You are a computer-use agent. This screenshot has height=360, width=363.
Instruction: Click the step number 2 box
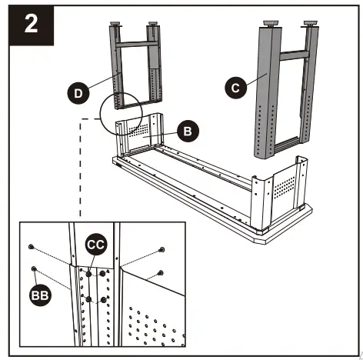click(x=32, y=25)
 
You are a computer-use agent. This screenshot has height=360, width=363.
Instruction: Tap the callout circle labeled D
click(x=78, y=93)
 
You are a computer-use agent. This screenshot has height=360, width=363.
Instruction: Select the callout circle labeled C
click(x=236, y=88)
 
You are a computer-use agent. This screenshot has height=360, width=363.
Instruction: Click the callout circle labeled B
click(x=188, y=132)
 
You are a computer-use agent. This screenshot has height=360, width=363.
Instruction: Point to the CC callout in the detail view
click(x=95, y=245)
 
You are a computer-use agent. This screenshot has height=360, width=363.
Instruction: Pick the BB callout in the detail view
click(x=40, y=295)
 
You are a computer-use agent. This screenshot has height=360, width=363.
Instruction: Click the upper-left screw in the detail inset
click(x=31, y=247)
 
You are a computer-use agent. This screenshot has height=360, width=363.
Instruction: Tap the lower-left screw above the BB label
click(x=34, y=268)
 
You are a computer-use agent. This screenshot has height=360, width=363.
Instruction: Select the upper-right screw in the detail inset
click(x=162, y=249)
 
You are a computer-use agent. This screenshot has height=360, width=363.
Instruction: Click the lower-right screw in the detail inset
click(x=161, y=273)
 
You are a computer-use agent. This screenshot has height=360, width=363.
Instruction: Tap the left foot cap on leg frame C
click(x=271, y=24)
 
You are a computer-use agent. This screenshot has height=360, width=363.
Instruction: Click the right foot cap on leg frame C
click(x=311, y=24)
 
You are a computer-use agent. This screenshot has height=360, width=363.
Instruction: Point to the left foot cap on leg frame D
click(x=115, y=24)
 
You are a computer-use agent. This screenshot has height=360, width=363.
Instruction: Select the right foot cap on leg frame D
click(x=153, y=24)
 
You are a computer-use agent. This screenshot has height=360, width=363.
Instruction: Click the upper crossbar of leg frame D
click(x=136, y=44)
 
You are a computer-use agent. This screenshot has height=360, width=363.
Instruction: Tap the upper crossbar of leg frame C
click(x=294, y=55)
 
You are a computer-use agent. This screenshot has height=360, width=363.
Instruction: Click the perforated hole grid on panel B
click(x=138, y=129)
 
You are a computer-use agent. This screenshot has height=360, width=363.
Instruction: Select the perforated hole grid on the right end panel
click(x=284, y=188)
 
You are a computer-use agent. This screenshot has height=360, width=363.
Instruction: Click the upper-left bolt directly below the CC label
click(x=88, y=274)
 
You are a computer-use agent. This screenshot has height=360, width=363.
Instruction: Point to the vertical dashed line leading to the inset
click(x=81, y=168)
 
